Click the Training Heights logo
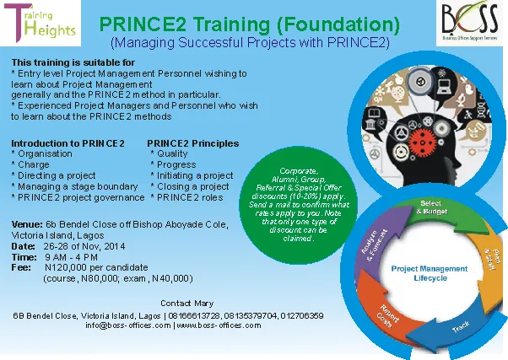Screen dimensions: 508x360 [41, 23]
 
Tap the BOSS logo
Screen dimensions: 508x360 [470, 22]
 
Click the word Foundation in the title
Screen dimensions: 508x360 [338, 24]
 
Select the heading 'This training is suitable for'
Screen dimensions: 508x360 [73, 62]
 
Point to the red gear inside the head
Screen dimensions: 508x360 [422, 142]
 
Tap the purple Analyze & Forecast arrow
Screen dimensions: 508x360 [378, 243]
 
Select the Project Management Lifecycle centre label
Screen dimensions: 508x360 [430, 273]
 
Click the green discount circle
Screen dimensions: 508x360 [299, 205]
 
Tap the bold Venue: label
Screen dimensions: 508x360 [27, 224]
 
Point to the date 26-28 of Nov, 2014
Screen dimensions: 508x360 [84, 246]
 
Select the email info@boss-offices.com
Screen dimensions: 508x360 [128, 325]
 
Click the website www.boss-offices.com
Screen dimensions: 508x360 [219, 325]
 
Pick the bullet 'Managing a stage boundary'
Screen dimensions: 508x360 [78, 186]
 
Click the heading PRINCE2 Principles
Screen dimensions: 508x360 [193, 143]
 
